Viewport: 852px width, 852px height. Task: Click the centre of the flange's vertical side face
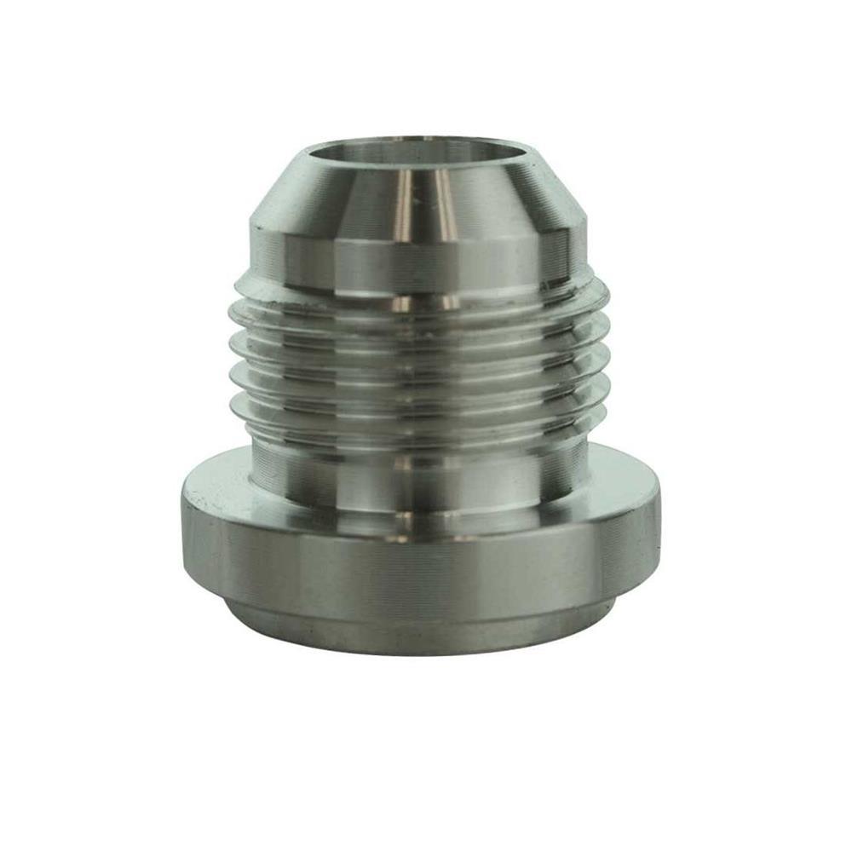[418, 562]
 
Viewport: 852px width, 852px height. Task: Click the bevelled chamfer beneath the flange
[418, 630]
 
